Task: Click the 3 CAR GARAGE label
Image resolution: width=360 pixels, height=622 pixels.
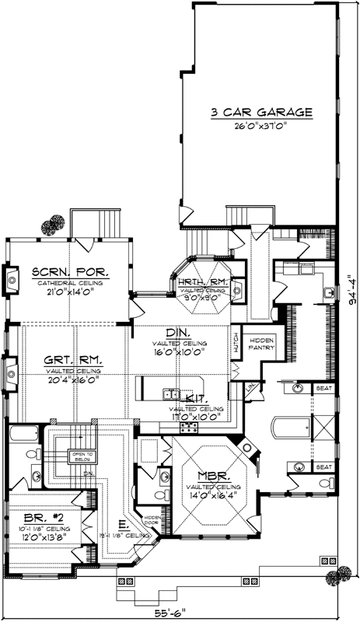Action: click(260, 112)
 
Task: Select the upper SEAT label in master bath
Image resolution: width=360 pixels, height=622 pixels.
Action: click(323, 386)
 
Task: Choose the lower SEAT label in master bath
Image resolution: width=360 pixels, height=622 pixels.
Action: click(323, 466)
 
